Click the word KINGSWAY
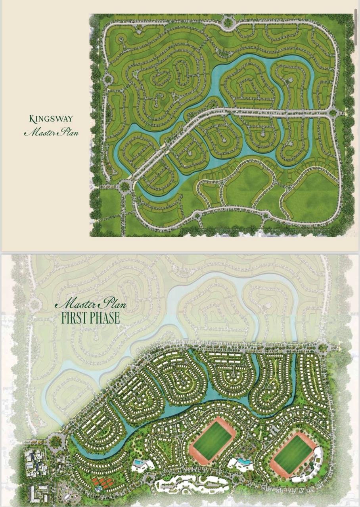pyautogui.click(x=51, y=118)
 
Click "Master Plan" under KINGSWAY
pyautogui.click(x=51, y=132)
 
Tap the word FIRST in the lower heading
pyautogui.click(x=77, y=318)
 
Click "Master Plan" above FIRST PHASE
pyautogui.click(x=91, y=304)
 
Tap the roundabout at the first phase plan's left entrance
pyautogui.click(x=56, y=440)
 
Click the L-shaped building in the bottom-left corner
pyautogui.click(x=39, y=493)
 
